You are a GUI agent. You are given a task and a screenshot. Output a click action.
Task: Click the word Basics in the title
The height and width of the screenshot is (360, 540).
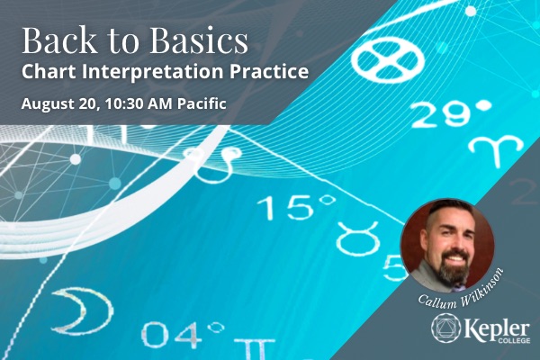(199, 40)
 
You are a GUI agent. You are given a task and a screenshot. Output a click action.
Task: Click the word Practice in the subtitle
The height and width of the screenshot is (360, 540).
(269, 71)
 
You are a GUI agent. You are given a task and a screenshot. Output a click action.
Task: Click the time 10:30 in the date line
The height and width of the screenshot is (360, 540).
(124, 103)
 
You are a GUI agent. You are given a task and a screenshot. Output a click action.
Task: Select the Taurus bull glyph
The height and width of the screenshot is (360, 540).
(357, 238)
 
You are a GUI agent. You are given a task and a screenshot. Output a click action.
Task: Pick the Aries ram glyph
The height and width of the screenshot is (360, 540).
(496, 148)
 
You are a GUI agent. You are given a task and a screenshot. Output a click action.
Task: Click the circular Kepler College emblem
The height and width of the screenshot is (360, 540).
(446, 328)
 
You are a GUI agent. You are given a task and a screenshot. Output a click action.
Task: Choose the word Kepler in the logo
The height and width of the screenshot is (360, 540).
(497, 328)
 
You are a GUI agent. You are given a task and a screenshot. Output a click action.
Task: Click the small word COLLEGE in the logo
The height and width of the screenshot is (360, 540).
(514, 340)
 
